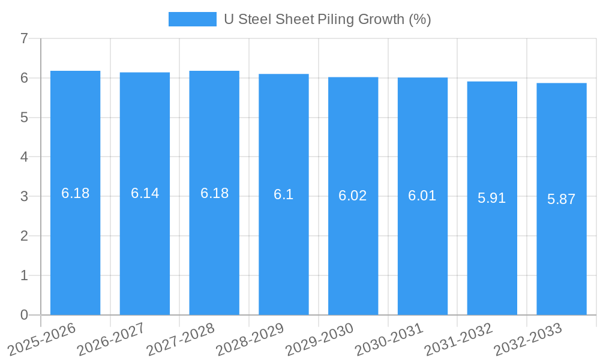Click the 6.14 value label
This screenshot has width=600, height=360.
coord(145,193)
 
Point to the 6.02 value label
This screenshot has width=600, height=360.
coord(353,196)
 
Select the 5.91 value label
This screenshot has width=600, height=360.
coord(492,198)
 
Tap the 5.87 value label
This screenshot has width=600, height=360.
coord(562,199)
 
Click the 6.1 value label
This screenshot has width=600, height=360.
coord(284,194)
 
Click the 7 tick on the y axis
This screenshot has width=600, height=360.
coord(24,39)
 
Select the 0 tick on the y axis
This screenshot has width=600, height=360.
coord(24,315)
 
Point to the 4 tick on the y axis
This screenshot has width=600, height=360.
coord(24,157)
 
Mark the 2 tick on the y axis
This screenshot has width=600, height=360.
coord(24,236)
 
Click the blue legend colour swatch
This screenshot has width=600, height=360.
coord(192,19)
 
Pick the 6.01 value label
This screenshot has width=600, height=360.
coord(422,196)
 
